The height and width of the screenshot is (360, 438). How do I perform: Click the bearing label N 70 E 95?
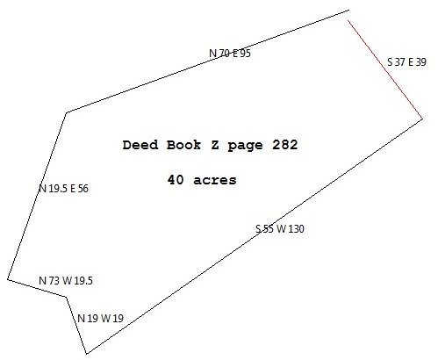tap(230, 54)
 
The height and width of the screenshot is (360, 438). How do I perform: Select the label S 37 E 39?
tap(406, 62)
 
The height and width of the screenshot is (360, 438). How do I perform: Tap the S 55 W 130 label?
tap(280, 228)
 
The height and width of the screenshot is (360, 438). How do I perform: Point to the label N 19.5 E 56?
tap(63, 189)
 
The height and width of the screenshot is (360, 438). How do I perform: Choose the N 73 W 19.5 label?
tap(66, 281)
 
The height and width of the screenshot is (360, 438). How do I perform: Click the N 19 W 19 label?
tap(101, 318)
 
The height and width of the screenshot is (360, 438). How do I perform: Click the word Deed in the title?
tap(140, 145)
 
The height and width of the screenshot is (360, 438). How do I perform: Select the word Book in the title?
tap(184, 145)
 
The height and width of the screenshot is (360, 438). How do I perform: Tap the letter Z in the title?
tap(215, 145)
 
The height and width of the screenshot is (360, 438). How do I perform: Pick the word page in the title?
tap(245, 146)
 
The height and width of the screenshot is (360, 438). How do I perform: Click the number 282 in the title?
tap(285, 145)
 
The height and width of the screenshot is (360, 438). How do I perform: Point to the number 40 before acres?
tap(176, 180)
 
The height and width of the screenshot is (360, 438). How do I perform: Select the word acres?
tap(215, 180)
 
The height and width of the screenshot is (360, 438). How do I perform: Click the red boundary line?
tap(385, 69)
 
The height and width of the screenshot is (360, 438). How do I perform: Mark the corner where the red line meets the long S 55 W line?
tap(422, 119)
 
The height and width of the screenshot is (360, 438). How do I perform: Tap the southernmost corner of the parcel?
tap(87, 353)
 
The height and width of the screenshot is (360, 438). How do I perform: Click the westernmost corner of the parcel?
tap(8, 279)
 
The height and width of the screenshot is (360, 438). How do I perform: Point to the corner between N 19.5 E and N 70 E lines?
tap(67, 112)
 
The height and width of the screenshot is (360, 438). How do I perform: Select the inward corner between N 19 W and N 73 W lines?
tap(66, 297)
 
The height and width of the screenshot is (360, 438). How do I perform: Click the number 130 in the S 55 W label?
tap(297, 228)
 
